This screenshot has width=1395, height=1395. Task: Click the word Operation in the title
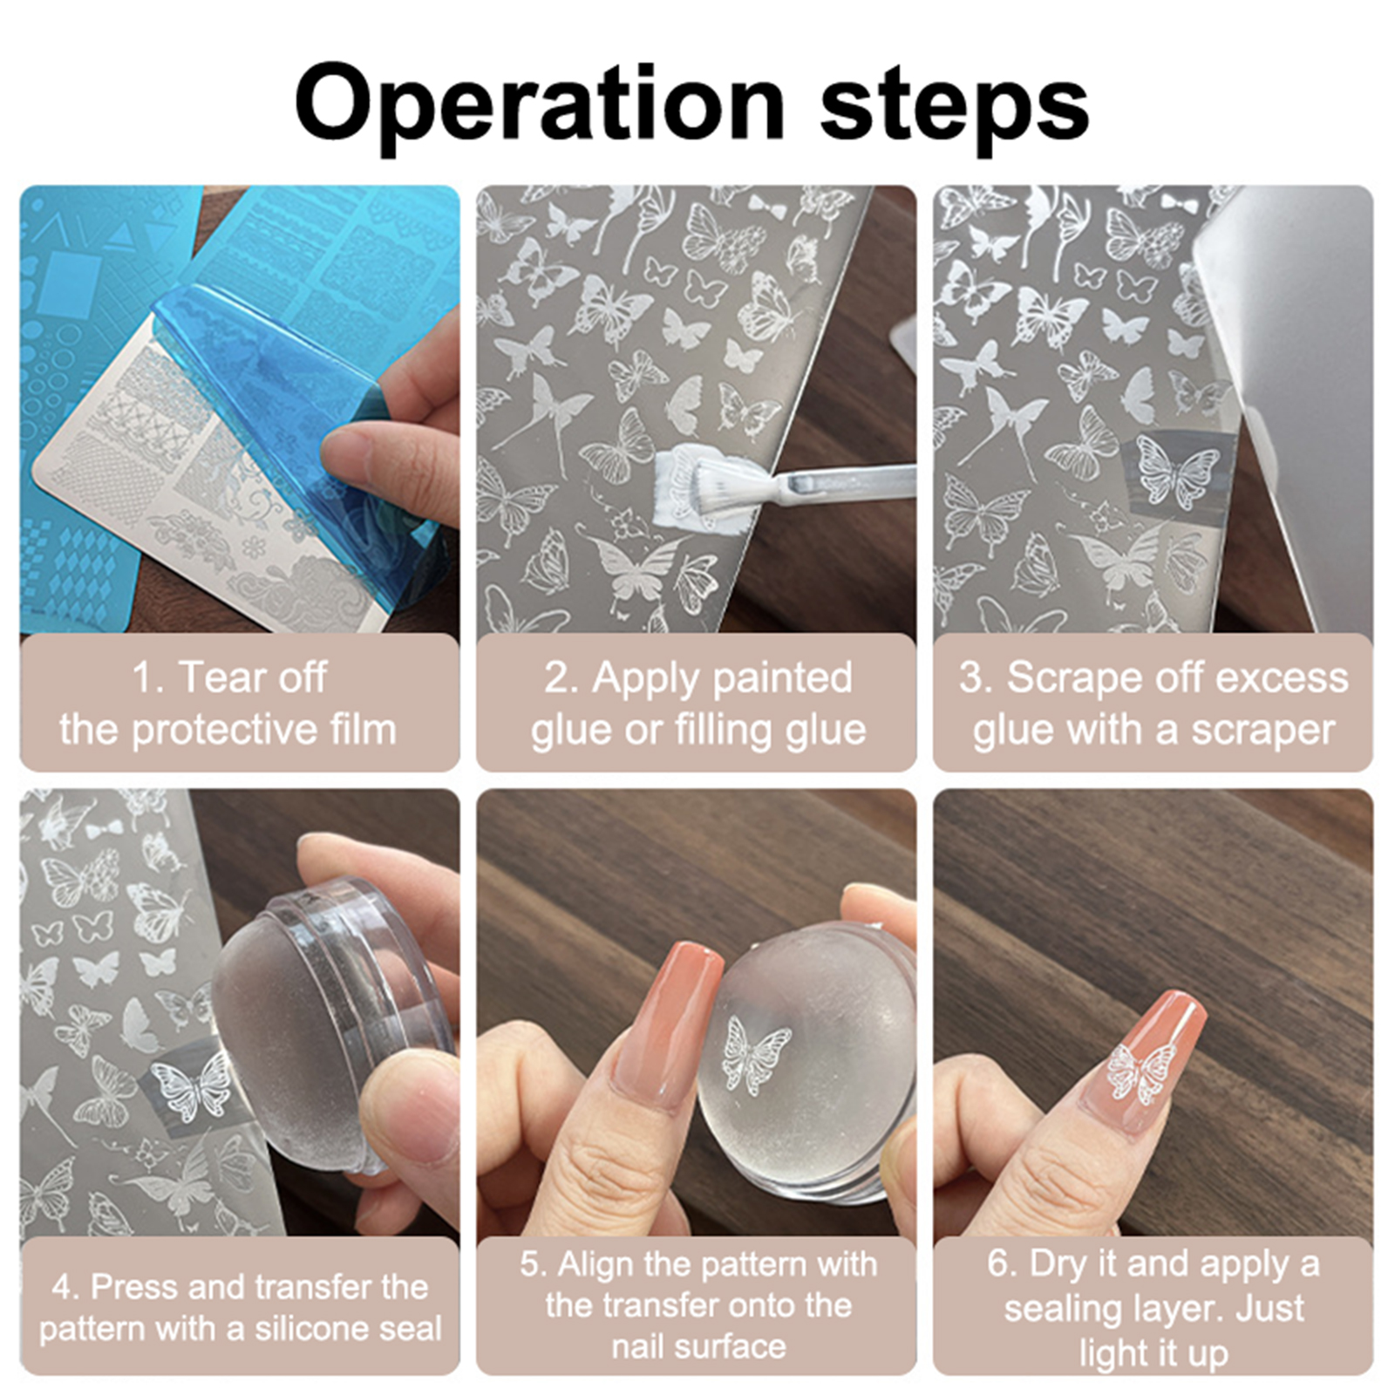tap(541, 106)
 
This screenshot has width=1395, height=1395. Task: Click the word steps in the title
tap(955, 106)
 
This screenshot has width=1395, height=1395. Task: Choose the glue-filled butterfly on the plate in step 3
tap(1176, 472)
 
